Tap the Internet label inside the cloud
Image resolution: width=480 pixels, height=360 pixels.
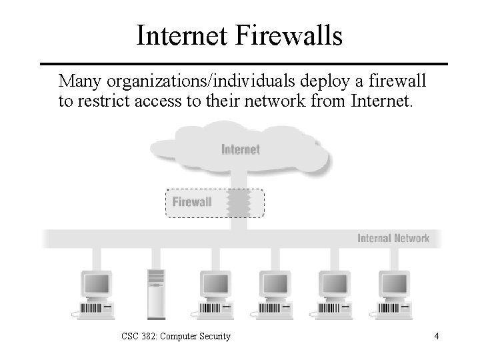240,149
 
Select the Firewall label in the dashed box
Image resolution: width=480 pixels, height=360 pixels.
192,202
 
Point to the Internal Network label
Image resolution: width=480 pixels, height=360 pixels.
393,238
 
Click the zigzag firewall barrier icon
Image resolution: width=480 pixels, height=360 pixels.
237,202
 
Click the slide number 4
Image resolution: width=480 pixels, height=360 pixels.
436,336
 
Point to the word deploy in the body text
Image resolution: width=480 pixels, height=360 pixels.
311,81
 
